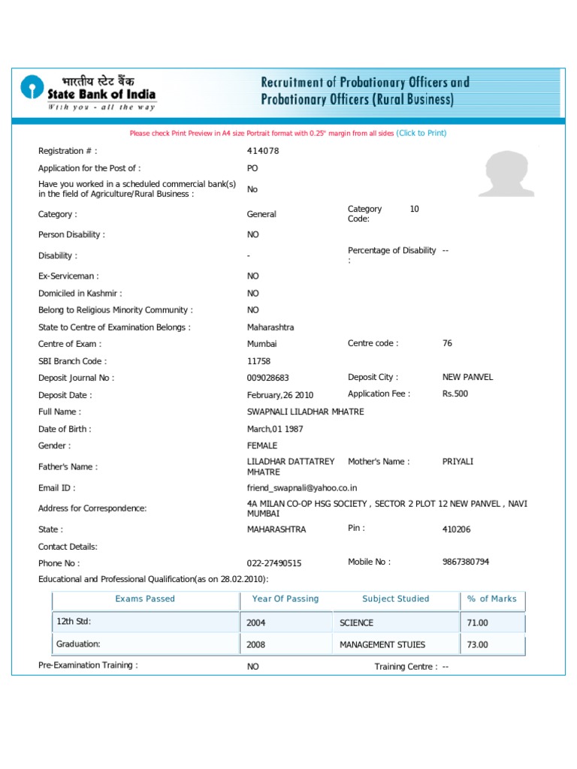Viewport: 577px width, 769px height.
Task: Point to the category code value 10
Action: [414, 209]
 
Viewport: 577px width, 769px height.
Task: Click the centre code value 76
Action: [448, 343]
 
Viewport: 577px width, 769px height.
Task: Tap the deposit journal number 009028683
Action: [267, 378]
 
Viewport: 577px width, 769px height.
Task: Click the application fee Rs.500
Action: [455, 394]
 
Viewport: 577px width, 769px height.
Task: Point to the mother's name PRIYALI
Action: [458, 462]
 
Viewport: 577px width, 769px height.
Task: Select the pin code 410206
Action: [457, 529]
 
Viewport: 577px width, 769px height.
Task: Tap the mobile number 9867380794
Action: [467, 562]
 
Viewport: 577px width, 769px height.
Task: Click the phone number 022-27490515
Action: [274, 563]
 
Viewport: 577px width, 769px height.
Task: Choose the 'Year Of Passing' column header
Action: [285, 599]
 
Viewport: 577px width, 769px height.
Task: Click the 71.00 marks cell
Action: [478, 623]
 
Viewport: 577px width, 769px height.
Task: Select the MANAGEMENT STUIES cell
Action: [382, 644]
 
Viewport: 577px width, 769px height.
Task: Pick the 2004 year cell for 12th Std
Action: [256, 623]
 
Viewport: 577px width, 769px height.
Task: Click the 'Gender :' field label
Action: [54, 446]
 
